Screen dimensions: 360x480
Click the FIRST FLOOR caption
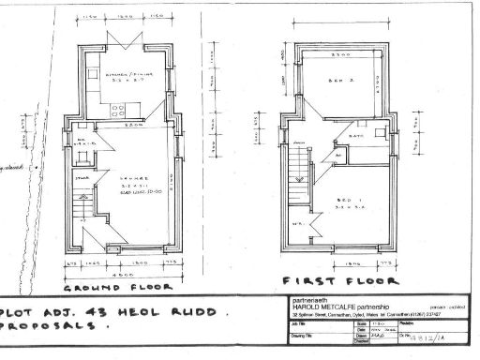click(x=340, y=279)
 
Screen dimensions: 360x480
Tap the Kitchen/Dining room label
click(x=129, y=79)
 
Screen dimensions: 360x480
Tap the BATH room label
click(x=356, y=137)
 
